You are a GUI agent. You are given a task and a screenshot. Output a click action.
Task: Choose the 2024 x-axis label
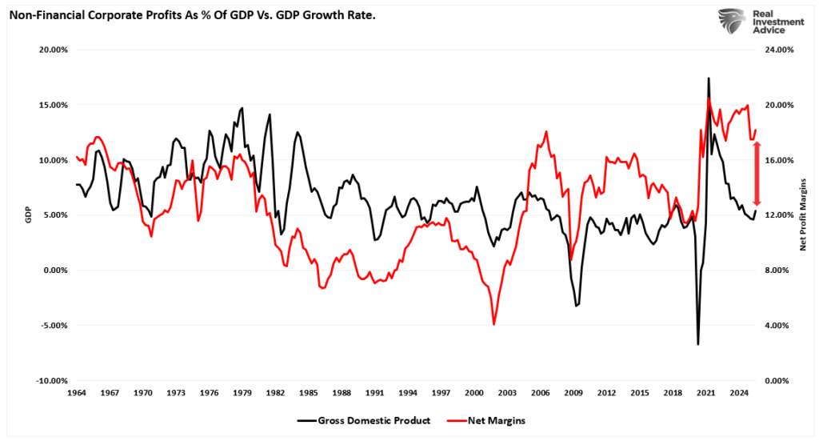[x=739, y=394]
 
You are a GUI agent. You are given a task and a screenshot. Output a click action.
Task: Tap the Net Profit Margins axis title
[x=803, y=215]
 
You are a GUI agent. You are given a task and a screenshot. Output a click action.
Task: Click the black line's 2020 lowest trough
[x=697, y=344]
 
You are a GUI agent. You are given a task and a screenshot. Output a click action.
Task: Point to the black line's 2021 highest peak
[x=708, y=78]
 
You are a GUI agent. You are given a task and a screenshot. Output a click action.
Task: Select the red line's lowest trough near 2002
[x=494, y=324]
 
